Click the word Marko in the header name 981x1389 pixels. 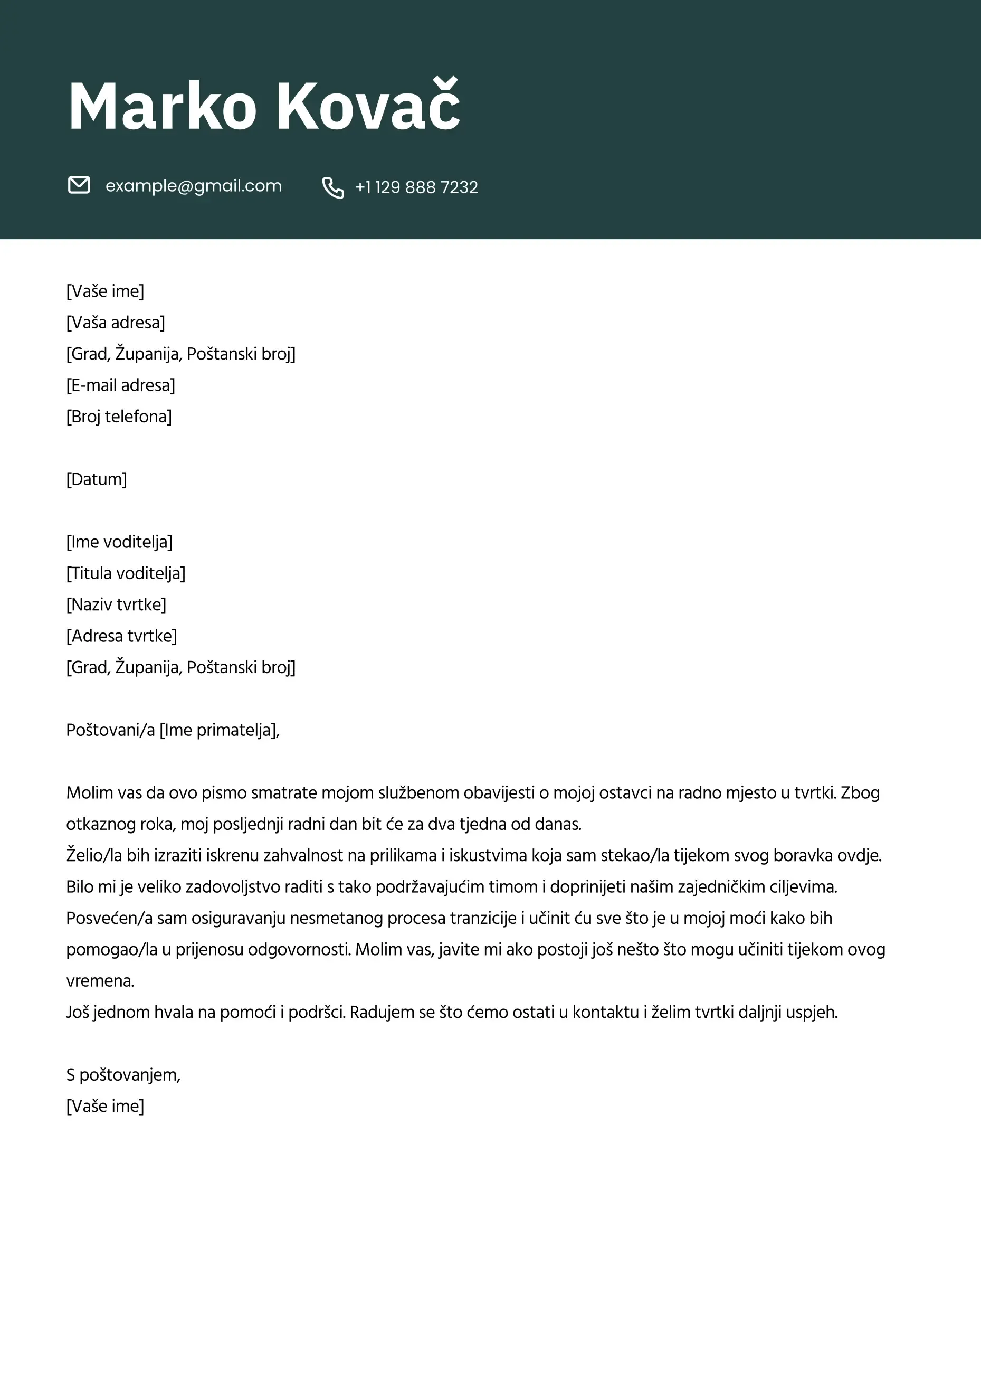(x=162, y=107)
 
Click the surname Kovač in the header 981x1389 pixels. (x=368, y=107)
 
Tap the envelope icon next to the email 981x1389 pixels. (x=79, y=185)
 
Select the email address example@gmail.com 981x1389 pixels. (x=194, y=186)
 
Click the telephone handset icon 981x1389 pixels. (x=332, y=187)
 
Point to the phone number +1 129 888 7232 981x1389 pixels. (x=416, y=187)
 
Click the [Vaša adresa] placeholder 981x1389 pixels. (x=116, y=323)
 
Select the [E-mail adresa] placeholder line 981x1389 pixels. (x=120, y=385)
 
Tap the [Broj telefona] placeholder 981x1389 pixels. (x=119, y=417)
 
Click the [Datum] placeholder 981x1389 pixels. (x=97, y=479)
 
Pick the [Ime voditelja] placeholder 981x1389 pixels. (x=119, y=542)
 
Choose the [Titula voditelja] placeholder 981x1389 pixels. (x=126, y=573)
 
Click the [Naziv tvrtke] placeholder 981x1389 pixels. (x=116, y=605)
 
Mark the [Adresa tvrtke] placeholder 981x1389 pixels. (x=121, y=636)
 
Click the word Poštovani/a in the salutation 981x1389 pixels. (x=111, y=730)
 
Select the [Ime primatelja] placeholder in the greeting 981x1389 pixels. (x=218, y=730)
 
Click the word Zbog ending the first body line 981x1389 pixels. (x=860, y=793)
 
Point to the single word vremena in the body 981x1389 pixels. (x=100, y=981)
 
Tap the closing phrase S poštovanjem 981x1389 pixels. (x=123, y=1075)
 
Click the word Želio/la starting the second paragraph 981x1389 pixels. (x=94, y=855)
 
